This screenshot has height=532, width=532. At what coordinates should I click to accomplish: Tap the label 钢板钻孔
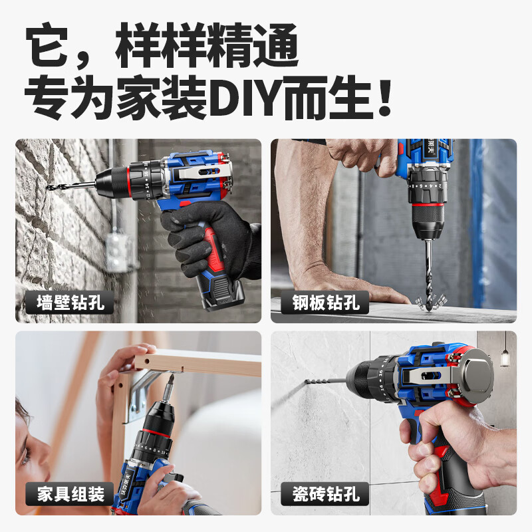(x=325, y=303)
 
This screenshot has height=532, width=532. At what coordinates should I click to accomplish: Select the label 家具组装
(x=65, y=495)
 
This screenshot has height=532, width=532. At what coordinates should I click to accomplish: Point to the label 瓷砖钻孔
(x=325, y=495)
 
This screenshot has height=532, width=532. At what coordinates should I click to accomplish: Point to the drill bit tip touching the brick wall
(x=51, y=188)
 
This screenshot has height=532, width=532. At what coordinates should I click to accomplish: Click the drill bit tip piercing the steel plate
(x=420, y=298)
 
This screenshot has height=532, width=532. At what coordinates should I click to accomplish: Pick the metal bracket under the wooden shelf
(x=143, y=392)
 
